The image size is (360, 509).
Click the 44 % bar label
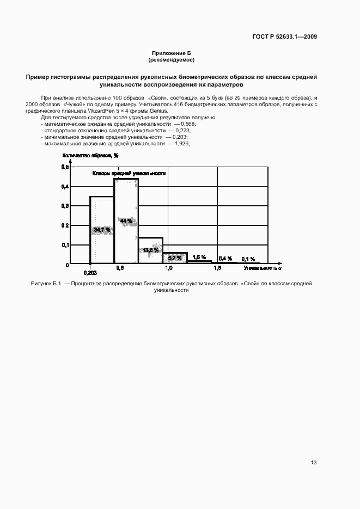tap(126, 221)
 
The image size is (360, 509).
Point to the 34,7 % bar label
tap(102, 230)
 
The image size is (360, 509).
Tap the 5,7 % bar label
tap(174, 257)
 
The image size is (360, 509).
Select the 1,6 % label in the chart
tap(199, 257)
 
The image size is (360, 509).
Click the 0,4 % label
tap(225, 259)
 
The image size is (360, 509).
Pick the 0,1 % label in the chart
tap(248, 259)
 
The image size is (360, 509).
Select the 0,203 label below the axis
tap(90, 272)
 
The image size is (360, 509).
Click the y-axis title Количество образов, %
tap(90, 155)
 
